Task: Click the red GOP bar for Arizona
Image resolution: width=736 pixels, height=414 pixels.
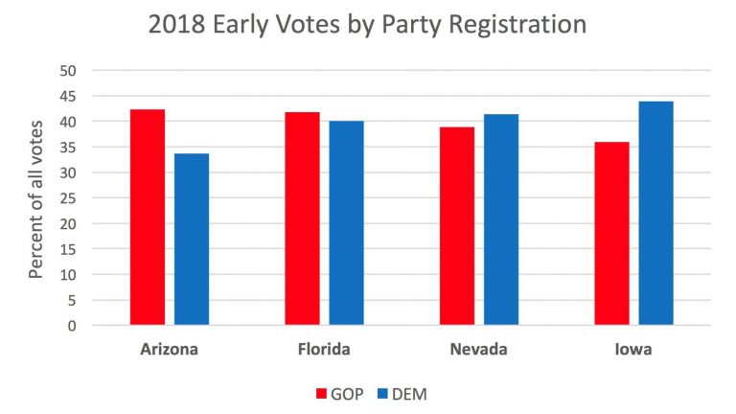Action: pyautogui.click(x=148, y=218)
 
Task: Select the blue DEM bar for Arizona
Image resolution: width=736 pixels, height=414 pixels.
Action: pyautogui.click(x=192, y=240)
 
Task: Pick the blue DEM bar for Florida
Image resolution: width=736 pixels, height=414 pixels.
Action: pyautogui.click(x=346, y=223)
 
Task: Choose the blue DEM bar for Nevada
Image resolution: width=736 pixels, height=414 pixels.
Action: pyautogui.click(x=501, y=219)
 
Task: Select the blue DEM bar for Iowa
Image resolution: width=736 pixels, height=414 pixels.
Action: pyautogui.click(x=655, y=213)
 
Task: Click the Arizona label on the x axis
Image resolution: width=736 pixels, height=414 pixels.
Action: pyautogui.click(x=170, y=349)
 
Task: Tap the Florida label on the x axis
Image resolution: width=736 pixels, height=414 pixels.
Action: pyautogui.click(x=324, y=349)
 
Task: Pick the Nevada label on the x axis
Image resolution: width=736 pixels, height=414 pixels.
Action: pyautogui.click(x=478, y=349)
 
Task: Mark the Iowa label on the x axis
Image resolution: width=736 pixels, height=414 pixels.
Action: pyautogui.click(x=633, y=349)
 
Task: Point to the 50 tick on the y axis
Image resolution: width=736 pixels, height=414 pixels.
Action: pyautogui.click(x=68, y=71)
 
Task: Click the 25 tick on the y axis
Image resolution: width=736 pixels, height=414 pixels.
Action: pyautogui.click(x=68, y=198)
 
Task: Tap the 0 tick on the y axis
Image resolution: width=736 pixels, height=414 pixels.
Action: pyautogui.click(x=73, y=326)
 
